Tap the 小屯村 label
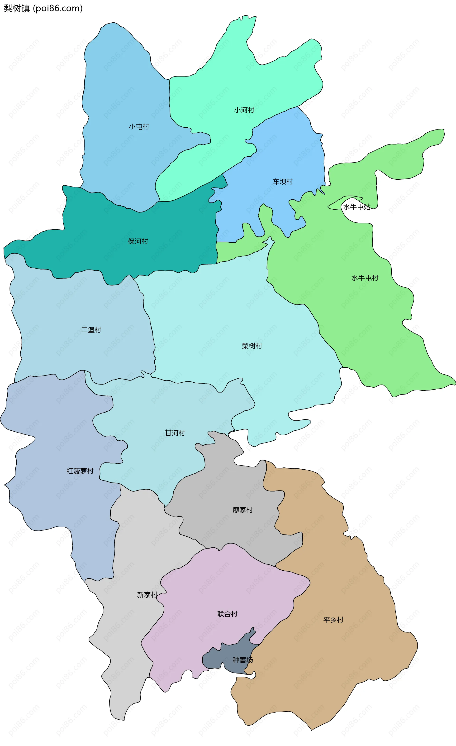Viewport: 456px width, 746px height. (x=139, y=127)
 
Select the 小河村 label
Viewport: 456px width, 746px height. (x=244, y=110)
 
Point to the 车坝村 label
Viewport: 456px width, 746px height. (x=283, y=182)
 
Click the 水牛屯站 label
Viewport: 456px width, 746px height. (x=356, y=207)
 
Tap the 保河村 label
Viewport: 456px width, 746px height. (x=138, y=241)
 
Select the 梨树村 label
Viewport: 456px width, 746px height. (x=252, y=346)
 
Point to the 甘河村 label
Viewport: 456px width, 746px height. (x=175, y=433)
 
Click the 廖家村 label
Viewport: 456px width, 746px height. (x=243, y=510)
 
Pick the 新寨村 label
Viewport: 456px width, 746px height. (x=147, y=595)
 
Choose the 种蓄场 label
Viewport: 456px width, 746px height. (x=242, y=660)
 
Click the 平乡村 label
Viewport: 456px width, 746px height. (x=333, y=620)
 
